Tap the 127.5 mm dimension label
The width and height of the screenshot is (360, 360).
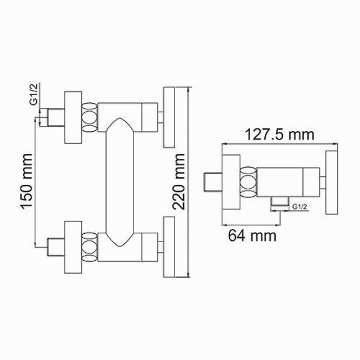[280, 134]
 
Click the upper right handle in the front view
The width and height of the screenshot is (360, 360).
[169, 118]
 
